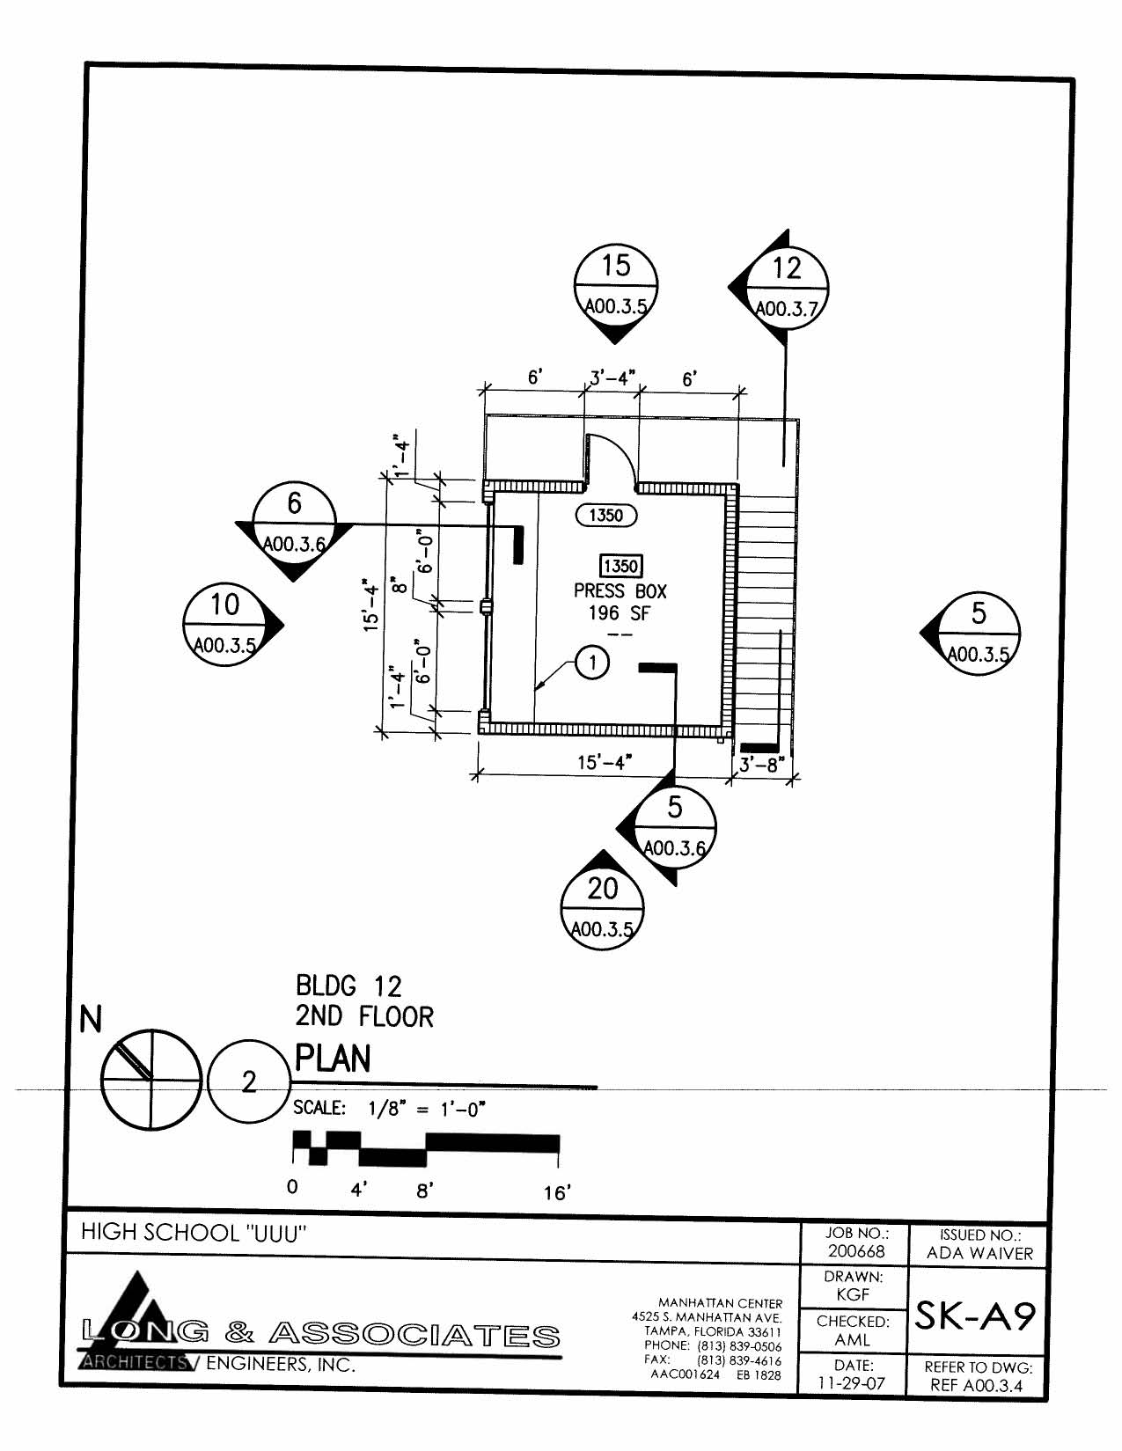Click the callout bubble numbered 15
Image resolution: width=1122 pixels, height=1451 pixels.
pyautogui.click(x=616, y=286)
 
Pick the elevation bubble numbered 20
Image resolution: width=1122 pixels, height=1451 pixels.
pyautogui.click(x=602, y=907)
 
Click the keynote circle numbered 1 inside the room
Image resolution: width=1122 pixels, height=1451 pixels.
pyautogui.click(x=592, y=663)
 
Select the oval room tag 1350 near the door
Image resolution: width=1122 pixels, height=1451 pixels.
pyautogui.click(x=605, y=516)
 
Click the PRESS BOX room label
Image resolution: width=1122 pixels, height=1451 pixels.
pyautogui.click(x=620, y=591)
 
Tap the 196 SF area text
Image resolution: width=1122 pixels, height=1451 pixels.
pyautogui.click(x=620, y=613)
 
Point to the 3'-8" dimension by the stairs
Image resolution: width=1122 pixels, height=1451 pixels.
pyautogui.click(x=759, y=765)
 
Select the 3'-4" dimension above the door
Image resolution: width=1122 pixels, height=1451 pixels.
pyautogui.click(x=612, y=379)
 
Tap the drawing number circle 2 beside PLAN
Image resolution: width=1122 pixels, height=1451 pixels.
pyautogui.click(x=249, y=1081)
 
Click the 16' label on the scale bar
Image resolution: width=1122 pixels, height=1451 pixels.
pyautogui.click(x=556, y=1192)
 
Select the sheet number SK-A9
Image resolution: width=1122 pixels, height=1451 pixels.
pyautogui.click(x=976, y=1316)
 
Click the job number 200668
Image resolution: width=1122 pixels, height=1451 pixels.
pyautogui.click(x=855, y=1251)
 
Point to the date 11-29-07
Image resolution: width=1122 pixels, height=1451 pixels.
pyautogui.click(x=853, y=1382)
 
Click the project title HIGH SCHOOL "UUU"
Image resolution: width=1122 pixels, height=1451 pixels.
pyautogui.click(x=194, y=1233)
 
